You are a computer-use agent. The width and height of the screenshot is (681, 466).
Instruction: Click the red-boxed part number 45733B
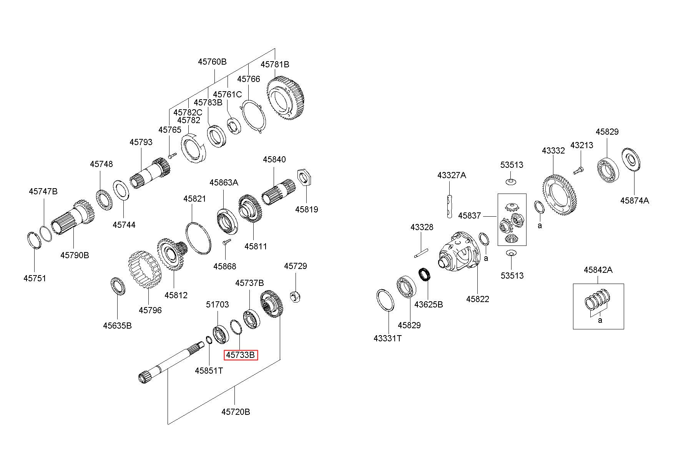point(241,355)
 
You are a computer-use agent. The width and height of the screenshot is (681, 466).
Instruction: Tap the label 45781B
point(275,64)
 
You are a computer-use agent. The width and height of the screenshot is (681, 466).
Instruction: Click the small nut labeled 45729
point(295,297)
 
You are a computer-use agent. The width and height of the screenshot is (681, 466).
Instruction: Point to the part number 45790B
point(75,255)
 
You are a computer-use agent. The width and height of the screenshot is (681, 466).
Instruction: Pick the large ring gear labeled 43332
point(560,200)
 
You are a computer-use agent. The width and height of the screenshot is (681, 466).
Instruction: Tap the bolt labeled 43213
point(578,169)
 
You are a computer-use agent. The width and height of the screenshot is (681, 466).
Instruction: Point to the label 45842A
point(598,270)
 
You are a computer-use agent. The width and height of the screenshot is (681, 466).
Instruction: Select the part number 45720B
point(236,412)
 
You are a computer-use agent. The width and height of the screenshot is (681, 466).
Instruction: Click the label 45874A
point(634,200)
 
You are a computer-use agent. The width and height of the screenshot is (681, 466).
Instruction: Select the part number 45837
point(469,215)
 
